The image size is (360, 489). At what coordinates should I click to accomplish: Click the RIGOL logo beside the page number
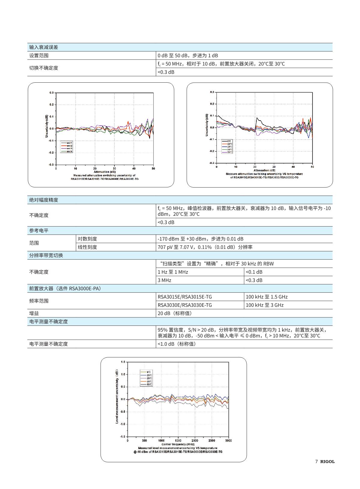(327, 462)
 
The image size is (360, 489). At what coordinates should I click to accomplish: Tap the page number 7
(316, 462)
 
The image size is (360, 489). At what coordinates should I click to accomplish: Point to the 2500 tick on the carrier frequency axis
(212, 441)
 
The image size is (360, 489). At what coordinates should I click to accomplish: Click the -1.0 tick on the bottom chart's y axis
(123, 424)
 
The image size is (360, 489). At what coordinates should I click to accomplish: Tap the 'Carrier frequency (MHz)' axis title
(178, 444)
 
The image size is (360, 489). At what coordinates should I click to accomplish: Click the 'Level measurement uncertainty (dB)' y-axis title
(117, 397)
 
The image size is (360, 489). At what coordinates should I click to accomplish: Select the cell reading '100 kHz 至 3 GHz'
(265, 305)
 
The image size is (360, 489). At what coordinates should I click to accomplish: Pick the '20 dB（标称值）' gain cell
(174, 313)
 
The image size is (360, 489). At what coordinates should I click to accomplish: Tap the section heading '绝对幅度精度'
(44, 200)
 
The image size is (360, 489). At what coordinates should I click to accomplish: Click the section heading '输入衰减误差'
(44, 47)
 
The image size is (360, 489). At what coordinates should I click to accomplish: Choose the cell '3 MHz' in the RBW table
(165, 280)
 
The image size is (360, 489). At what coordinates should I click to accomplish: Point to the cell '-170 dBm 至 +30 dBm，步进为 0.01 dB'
(200, 239)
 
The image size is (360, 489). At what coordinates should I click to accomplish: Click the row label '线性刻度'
(87, 247)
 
